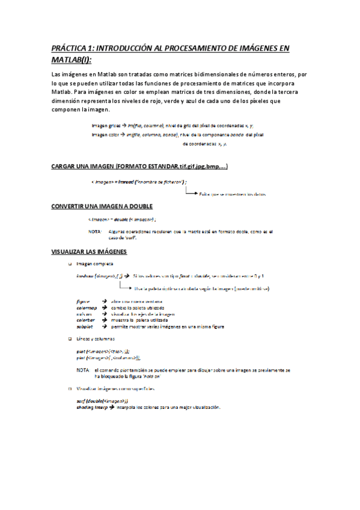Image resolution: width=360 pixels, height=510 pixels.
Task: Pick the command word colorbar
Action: click(86, 321)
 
